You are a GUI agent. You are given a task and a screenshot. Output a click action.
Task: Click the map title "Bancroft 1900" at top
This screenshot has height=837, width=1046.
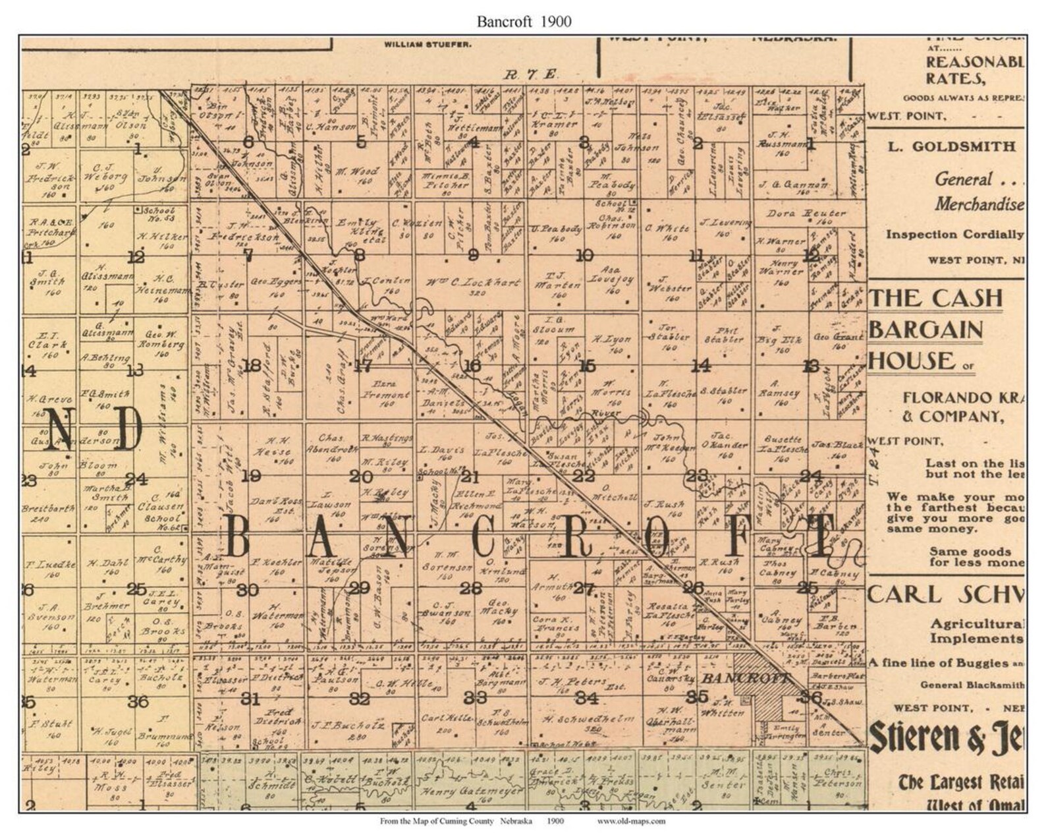click(524, 21)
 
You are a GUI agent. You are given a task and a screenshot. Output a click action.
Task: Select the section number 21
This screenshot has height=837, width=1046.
click(470, 476)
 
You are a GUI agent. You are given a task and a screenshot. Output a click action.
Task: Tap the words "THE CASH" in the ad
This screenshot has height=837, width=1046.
click(935, 299)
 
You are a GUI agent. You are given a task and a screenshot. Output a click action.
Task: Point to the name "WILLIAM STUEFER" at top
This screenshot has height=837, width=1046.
click(427, 45)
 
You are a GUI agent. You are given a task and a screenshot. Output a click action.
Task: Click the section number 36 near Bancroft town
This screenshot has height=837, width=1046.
click(812, 697)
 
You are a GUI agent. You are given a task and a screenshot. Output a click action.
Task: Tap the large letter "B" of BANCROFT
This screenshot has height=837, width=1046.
click(238, 536)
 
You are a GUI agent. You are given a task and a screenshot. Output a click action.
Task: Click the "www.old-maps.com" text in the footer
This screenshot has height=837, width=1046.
click(631, 821)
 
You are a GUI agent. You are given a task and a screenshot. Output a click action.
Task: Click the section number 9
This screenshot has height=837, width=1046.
click(473, 256)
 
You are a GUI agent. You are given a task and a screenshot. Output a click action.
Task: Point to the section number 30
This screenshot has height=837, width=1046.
click(248, 589)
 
